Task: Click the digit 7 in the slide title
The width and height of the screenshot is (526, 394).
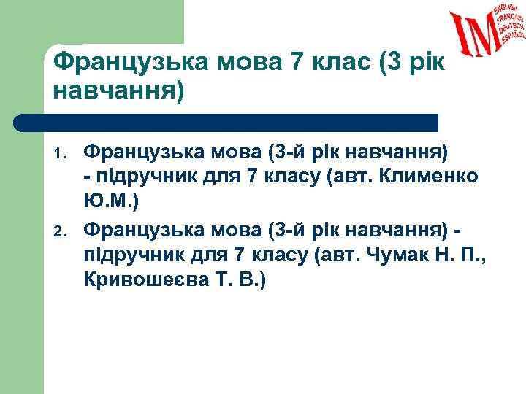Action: coord(295,63)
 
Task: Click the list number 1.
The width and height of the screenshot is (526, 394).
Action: coord(61,155)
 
